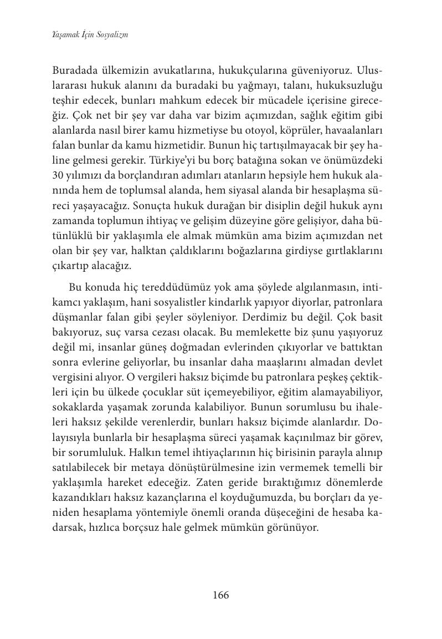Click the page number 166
(x=220, y=595)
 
